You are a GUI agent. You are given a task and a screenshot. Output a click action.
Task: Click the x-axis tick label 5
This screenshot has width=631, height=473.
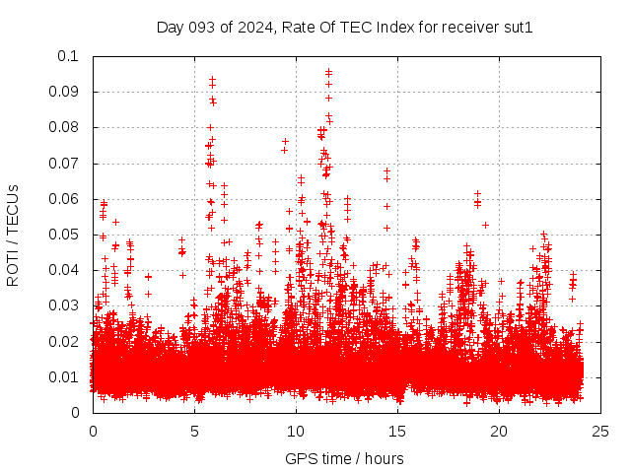point(194,431)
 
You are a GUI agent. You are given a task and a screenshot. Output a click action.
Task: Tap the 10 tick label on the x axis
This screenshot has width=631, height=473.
point(296,431)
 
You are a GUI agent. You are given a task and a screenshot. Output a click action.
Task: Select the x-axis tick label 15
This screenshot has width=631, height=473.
point(397,431)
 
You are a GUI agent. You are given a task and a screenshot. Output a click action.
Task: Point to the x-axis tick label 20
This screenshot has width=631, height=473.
point(499,431)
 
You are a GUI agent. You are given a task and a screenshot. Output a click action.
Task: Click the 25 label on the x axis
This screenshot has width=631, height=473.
point(600,431)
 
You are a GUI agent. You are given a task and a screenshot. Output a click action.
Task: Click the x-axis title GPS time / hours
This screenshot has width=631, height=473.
point(344,458)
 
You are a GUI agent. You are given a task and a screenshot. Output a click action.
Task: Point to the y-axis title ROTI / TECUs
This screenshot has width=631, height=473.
point(14,235)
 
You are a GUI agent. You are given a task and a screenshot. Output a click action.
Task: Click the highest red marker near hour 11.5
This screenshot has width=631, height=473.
point(328,72)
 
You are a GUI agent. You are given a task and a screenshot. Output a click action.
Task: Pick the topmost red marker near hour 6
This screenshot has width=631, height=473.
point(212,79)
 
